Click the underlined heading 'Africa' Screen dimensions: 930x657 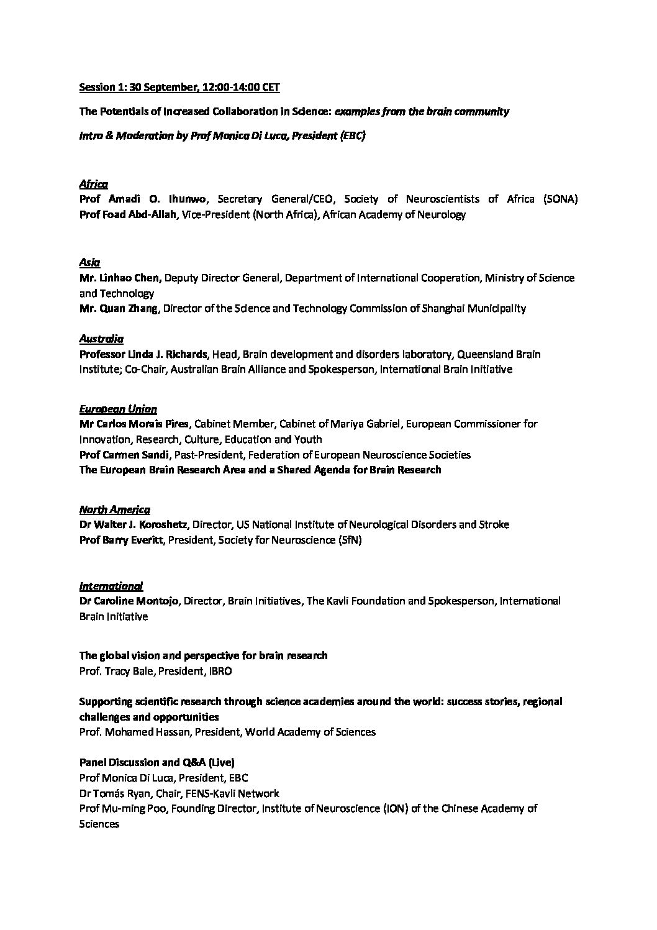pyautogui.click(x=93, y=184)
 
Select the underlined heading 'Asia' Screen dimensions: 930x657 pyautogui.click(x=89, y=262)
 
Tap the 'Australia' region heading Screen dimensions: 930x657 pyautogui.click(x=101, y=339)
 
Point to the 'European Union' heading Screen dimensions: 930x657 pyautogui.click(x=118, y=409)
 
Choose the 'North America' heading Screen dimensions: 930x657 pyautogui.click(x=114, y=509)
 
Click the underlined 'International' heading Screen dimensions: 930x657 pyautogui.click(x=111, y=586)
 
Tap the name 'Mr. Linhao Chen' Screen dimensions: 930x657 pyautogui.click(x=120, y=278)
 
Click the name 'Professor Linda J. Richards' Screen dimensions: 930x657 pyautogui.click(x=143, y=354)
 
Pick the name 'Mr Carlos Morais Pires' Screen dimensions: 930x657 pyautogui.click(x=135, y=424)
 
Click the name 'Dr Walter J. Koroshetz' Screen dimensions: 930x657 pyautogui.click(x=134, y=524)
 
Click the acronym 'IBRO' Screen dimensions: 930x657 pyautogui.click(x=221, y=671)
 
